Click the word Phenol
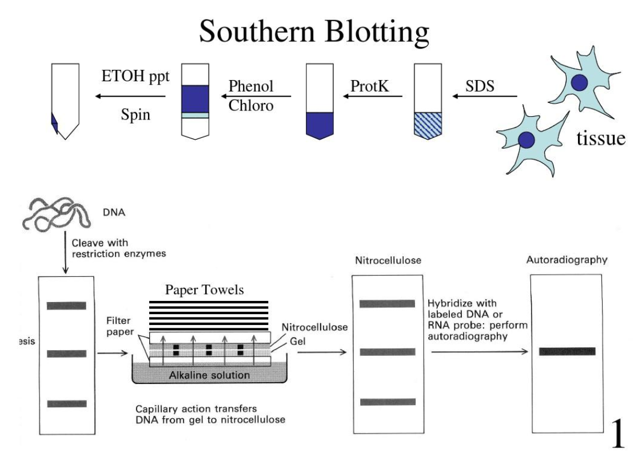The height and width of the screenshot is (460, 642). click(x=251, y=87)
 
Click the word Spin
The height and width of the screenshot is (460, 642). click(x=135, y=114)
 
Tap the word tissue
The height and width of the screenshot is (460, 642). click(x=600, y=138)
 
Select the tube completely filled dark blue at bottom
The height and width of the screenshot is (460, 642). click(x=323, y=124)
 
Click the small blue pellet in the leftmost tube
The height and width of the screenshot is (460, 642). click(x=55, y=124)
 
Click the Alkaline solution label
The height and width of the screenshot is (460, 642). click(x=209, y=375)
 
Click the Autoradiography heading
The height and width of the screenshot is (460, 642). click(x=566, y=260)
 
